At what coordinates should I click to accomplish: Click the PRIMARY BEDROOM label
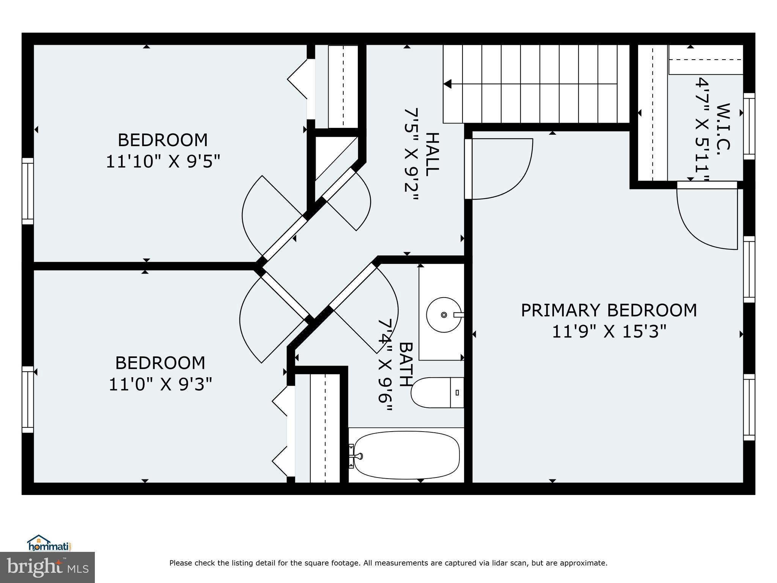609,310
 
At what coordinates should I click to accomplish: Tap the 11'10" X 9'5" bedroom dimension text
163,162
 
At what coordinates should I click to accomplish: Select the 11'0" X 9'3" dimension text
160,384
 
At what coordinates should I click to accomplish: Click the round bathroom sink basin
444,315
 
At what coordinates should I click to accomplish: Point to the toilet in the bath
436,392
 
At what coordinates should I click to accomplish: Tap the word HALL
432,154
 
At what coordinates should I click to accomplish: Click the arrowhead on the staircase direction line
448,84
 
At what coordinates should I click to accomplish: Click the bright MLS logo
47,567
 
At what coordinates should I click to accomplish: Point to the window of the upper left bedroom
28,191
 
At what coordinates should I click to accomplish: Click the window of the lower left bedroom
28,399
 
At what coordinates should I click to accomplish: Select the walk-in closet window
749,126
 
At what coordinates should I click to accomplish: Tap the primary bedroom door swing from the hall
501,169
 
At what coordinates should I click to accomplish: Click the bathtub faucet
357,456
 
